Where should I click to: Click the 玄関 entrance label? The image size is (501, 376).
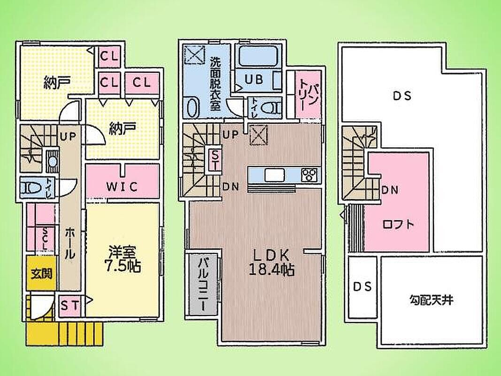pyautogui.click(x=42, y=274)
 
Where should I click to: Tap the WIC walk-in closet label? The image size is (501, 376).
pyautogui.click(x=122, y=187)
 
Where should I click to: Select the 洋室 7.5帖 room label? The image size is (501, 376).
pyautogui.click(x=123, y=259)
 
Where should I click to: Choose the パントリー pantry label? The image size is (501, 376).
pyautogui.click(x=308, y=94)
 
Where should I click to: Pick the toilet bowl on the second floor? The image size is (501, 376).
pyautogui.click(x=270, y=108)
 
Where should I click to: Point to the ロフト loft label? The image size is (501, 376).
pyautogui.click(x=398, y=224)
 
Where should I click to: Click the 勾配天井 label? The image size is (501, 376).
pyautogui.click(x=431, y=300)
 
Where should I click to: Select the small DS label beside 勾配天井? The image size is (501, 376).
pyautogui.click(x=362, y=286)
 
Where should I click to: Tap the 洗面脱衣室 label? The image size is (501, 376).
pyautogui.click(x=215, y=84)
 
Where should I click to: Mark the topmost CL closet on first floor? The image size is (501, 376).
pyautogui.click(x=109, y=57)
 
